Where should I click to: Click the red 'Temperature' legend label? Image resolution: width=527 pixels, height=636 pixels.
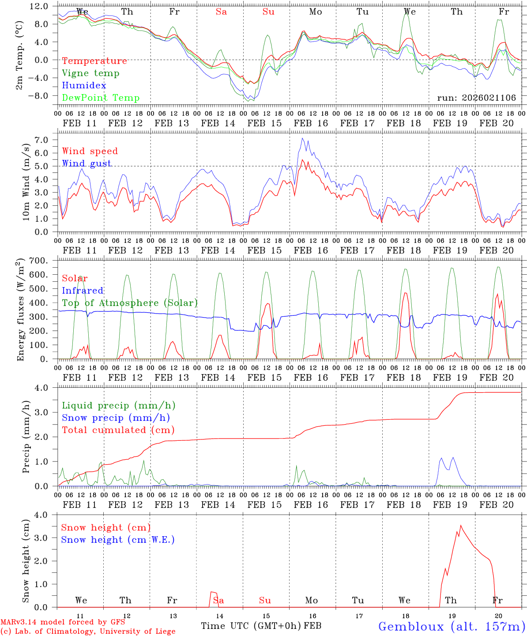pyautogui.click(x=94, y=61)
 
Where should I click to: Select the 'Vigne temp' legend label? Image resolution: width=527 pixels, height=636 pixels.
pyautogui.click(x=90, y=73)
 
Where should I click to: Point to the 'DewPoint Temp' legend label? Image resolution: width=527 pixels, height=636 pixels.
pyautogui.click(x=101, y=98)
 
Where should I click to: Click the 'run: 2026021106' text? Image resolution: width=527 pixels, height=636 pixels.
pyautogui.click(x=476, y=98)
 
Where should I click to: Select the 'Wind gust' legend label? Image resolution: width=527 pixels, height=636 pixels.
pyautogui.click(x=87, y=163)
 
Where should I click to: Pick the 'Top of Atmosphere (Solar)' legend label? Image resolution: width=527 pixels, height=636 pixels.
pyautogui.click(x=130, y=303)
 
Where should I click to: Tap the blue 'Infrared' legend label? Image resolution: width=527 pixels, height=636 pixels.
pyautogui.click(x=83, y=291)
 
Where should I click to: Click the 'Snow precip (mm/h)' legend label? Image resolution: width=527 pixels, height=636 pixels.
pyautogui.click(x=116, y=418)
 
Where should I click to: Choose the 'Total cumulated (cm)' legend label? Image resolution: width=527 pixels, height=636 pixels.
pyautogui.click(x=118, y=430)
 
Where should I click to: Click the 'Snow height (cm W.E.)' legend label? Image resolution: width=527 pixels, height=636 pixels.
pyautogui.click(x=118, y=540)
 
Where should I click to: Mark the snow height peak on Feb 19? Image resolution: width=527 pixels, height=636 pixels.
pyautogui.click(x=461, y=525)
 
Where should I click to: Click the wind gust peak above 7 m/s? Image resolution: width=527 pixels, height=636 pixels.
pyautogui.click(x=302, y=138)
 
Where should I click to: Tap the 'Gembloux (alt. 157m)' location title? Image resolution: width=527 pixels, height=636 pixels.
pyautogui.click(x=451, y=626)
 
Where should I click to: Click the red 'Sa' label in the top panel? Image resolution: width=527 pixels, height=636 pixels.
pyautogui.click(x=221, y=12)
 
